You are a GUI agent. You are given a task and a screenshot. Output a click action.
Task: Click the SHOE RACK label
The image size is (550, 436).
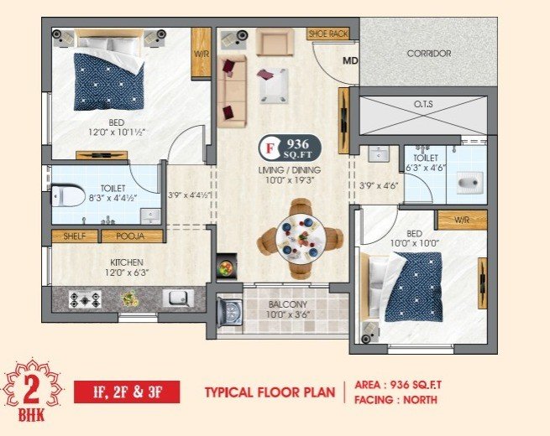coord(328,34)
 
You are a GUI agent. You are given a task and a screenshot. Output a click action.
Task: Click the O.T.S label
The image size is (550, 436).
coord(423,104)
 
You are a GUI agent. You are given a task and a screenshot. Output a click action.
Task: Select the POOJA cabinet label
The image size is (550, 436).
coord(130,236)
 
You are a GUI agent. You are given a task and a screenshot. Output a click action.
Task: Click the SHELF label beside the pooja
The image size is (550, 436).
coord(75,236)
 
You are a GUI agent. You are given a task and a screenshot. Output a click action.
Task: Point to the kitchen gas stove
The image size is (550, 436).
coord(85,300)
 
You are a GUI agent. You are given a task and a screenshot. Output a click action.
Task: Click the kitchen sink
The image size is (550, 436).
coord(178,298)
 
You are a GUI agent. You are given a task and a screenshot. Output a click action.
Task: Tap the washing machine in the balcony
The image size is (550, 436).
coord(230,311)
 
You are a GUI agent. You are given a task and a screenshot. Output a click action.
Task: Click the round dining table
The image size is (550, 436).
coord(301,238)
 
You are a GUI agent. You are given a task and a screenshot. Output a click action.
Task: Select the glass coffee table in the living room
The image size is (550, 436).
coord(274,86)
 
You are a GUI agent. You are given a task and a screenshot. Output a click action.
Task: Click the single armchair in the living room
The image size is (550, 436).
coord(275,42)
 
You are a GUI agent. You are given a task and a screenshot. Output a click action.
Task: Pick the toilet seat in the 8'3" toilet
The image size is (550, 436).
coord(68,195)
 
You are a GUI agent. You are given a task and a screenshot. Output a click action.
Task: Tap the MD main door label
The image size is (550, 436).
coord(350,61)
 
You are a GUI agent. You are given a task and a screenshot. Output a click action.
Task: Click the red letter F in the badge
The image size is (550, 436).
coord(269,148)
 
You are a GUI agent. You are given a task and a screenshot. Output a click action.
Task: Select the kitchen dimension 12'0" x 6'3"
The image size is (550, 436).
coord(127,272)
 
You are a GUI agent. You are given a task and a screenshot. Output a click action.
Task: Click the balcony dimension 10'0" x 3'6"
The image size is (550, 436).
coord(288,314)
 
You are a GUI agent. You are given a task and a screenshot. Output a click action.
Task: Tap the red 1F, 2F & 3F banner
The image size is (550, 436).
coord(127,392)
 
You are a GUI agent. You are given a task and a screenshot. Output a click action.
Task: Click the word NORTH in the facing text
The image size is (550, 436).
coord(420,400)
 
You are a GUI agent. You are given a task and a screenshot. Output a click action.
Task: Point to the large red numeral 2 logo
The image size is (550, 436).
coord(32,390)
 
